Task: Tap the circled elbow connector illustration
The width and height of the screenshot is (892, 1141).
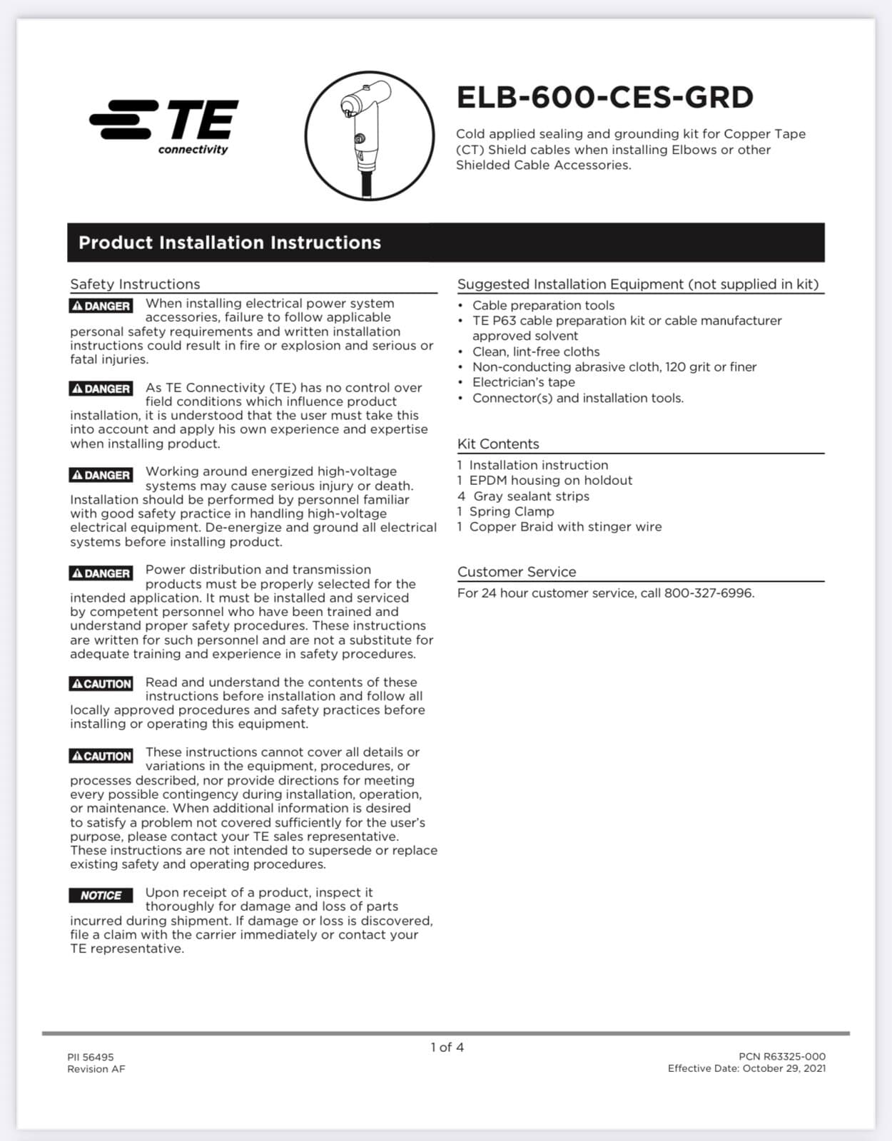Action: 369,135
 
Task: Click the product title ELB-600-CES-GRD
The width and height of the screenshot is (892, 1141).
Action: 604,98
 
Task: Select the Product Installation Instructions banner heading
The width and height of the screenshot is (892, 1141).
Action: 229,242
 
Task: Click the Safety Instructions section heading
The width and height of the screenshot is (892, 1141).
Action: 135,284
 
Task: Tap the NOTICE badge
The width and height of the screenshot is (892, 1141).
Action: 101,896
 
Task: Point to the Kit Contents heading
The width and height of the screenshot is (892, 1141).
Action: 498,444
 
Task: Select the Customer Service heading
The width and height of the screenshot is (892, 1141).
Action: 517,571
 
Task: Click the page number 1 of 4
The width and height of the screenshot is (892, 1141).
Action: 447,1047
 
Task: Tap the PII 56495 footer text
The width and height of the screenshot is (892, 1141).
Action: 91,1057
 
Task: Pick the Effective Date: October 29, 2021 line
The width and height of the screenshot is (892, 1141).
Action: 746,1068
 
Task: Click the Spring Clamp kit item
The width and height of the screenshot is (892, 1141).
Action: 511,511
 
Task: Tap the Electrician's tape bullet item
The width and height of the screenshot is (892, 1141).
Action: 523,382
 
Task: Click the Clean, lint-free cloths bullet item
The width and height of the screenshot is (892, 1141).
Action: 535,352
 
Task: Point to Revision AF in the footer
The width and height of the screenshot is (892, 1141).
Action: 96,1068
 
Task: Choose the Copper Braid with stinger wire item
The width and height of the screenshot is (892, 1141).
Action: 564,526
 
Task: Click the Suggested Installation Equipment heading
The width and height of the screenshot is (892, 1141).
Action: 637,284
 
